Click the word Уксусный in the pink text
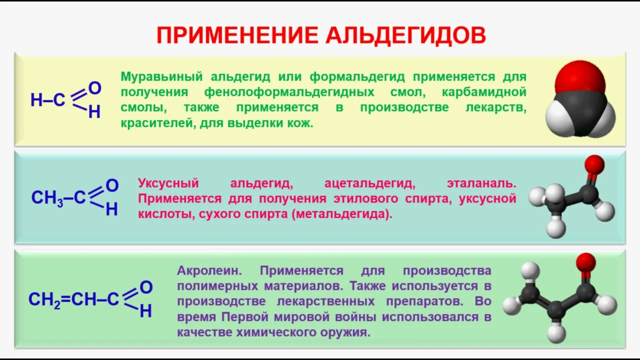tap(168, 183)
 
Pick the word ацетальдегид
tap(369, 183)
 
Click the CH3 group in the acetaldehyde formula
tap(47, 198)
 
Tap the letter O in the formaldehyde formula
tap(94, 88)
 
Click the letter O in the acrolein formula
tap(146, 287)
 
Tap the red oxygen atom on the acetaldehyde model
tap(594, 164)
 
